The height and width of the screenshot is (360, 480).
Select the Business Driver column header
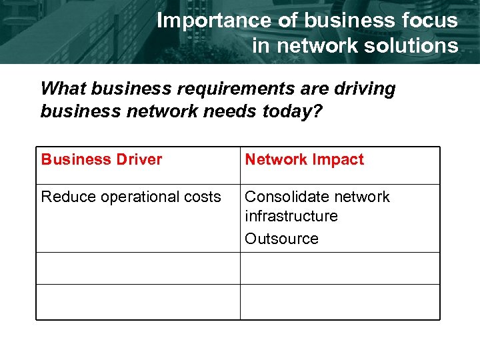(x=101, y=159)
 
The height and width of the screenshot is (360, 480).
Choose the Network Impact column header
(x=304, y=159)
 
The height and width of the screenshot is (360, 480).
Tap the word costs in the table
(x=204, y=197)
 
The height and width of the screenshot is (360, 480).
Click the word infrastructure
(x=291, y=216)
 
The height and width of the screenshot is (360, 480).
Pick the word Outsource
(x=281, y=239)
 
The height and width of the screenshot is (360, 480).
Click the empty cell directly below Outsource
(x=339, y=268)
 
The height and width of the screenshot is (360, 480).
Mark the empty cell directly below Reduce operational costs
(x=138, y=268)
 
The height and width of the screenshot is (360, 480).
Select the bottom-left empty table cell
(x=138, y=302)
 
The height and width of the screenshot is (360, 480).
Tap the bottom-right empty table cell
(x=339, y=302)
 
